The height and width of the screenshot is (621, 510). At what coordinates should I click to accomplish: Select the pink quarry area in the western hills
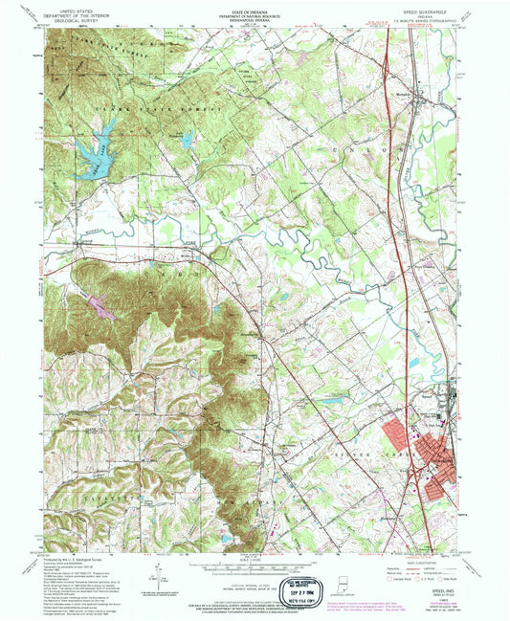click(x=101, y=306)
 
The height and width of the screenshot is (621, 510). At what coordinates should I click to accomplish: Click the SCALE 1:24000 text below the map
click(x=255, y=560)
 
